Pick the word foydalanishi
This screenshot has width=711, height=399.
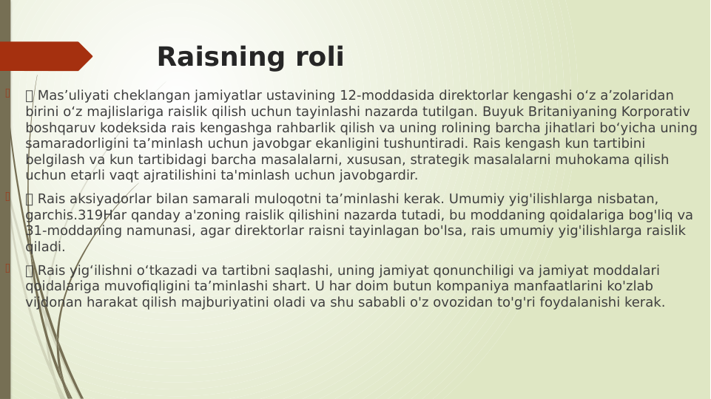(x=577, y=302)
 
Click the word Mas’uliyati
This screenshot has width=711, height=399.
(x=72, y=96)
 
